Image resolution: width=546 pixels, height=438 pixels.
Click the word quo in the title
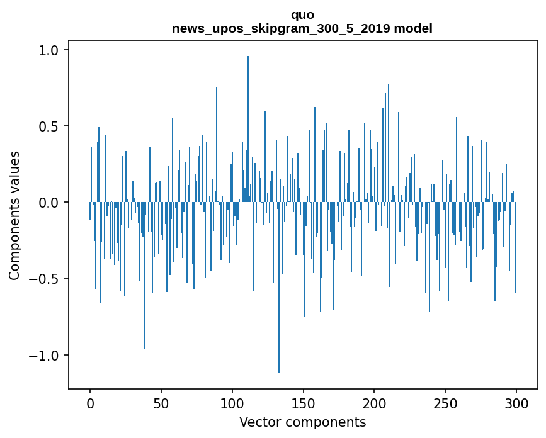[302, 14]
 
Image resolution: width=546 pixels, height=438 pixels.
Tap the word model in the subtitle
[413, 28]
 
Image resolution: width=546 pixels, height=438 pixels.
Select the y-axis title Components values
[14, 215]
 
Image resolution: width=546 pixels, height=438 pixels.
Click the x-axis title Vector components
[302, 422]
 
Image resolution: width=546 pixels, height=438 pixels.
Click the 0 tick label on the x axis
[90, 403]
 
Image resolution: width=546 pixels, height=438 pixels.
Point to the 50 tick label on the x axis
[161, 403]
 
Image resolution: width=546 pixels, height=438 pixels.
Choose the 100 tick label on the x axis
[232, 403]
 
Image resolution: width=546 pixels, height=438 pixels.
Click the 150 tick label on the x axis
[303, 403]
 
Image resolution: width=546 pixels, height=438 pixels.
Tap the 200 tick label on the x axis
[374, 403]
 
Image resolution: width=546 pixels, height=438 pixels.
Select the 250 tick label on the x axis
[445, 403]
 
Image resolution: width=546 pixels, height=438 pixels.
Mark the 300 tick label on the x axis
[516, 403]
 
